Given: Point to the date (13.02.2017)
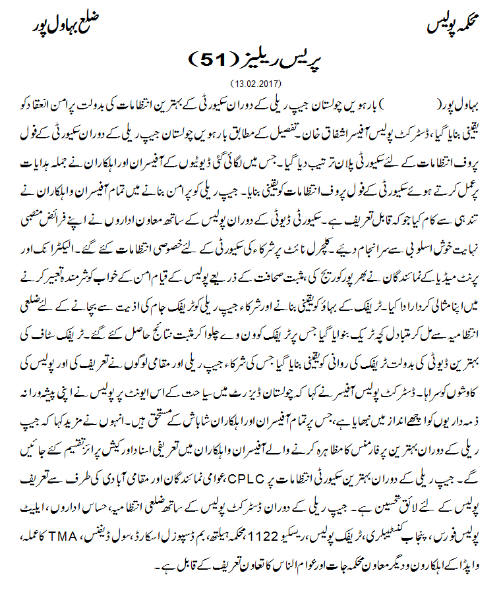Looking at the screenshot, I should [256, 84].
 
